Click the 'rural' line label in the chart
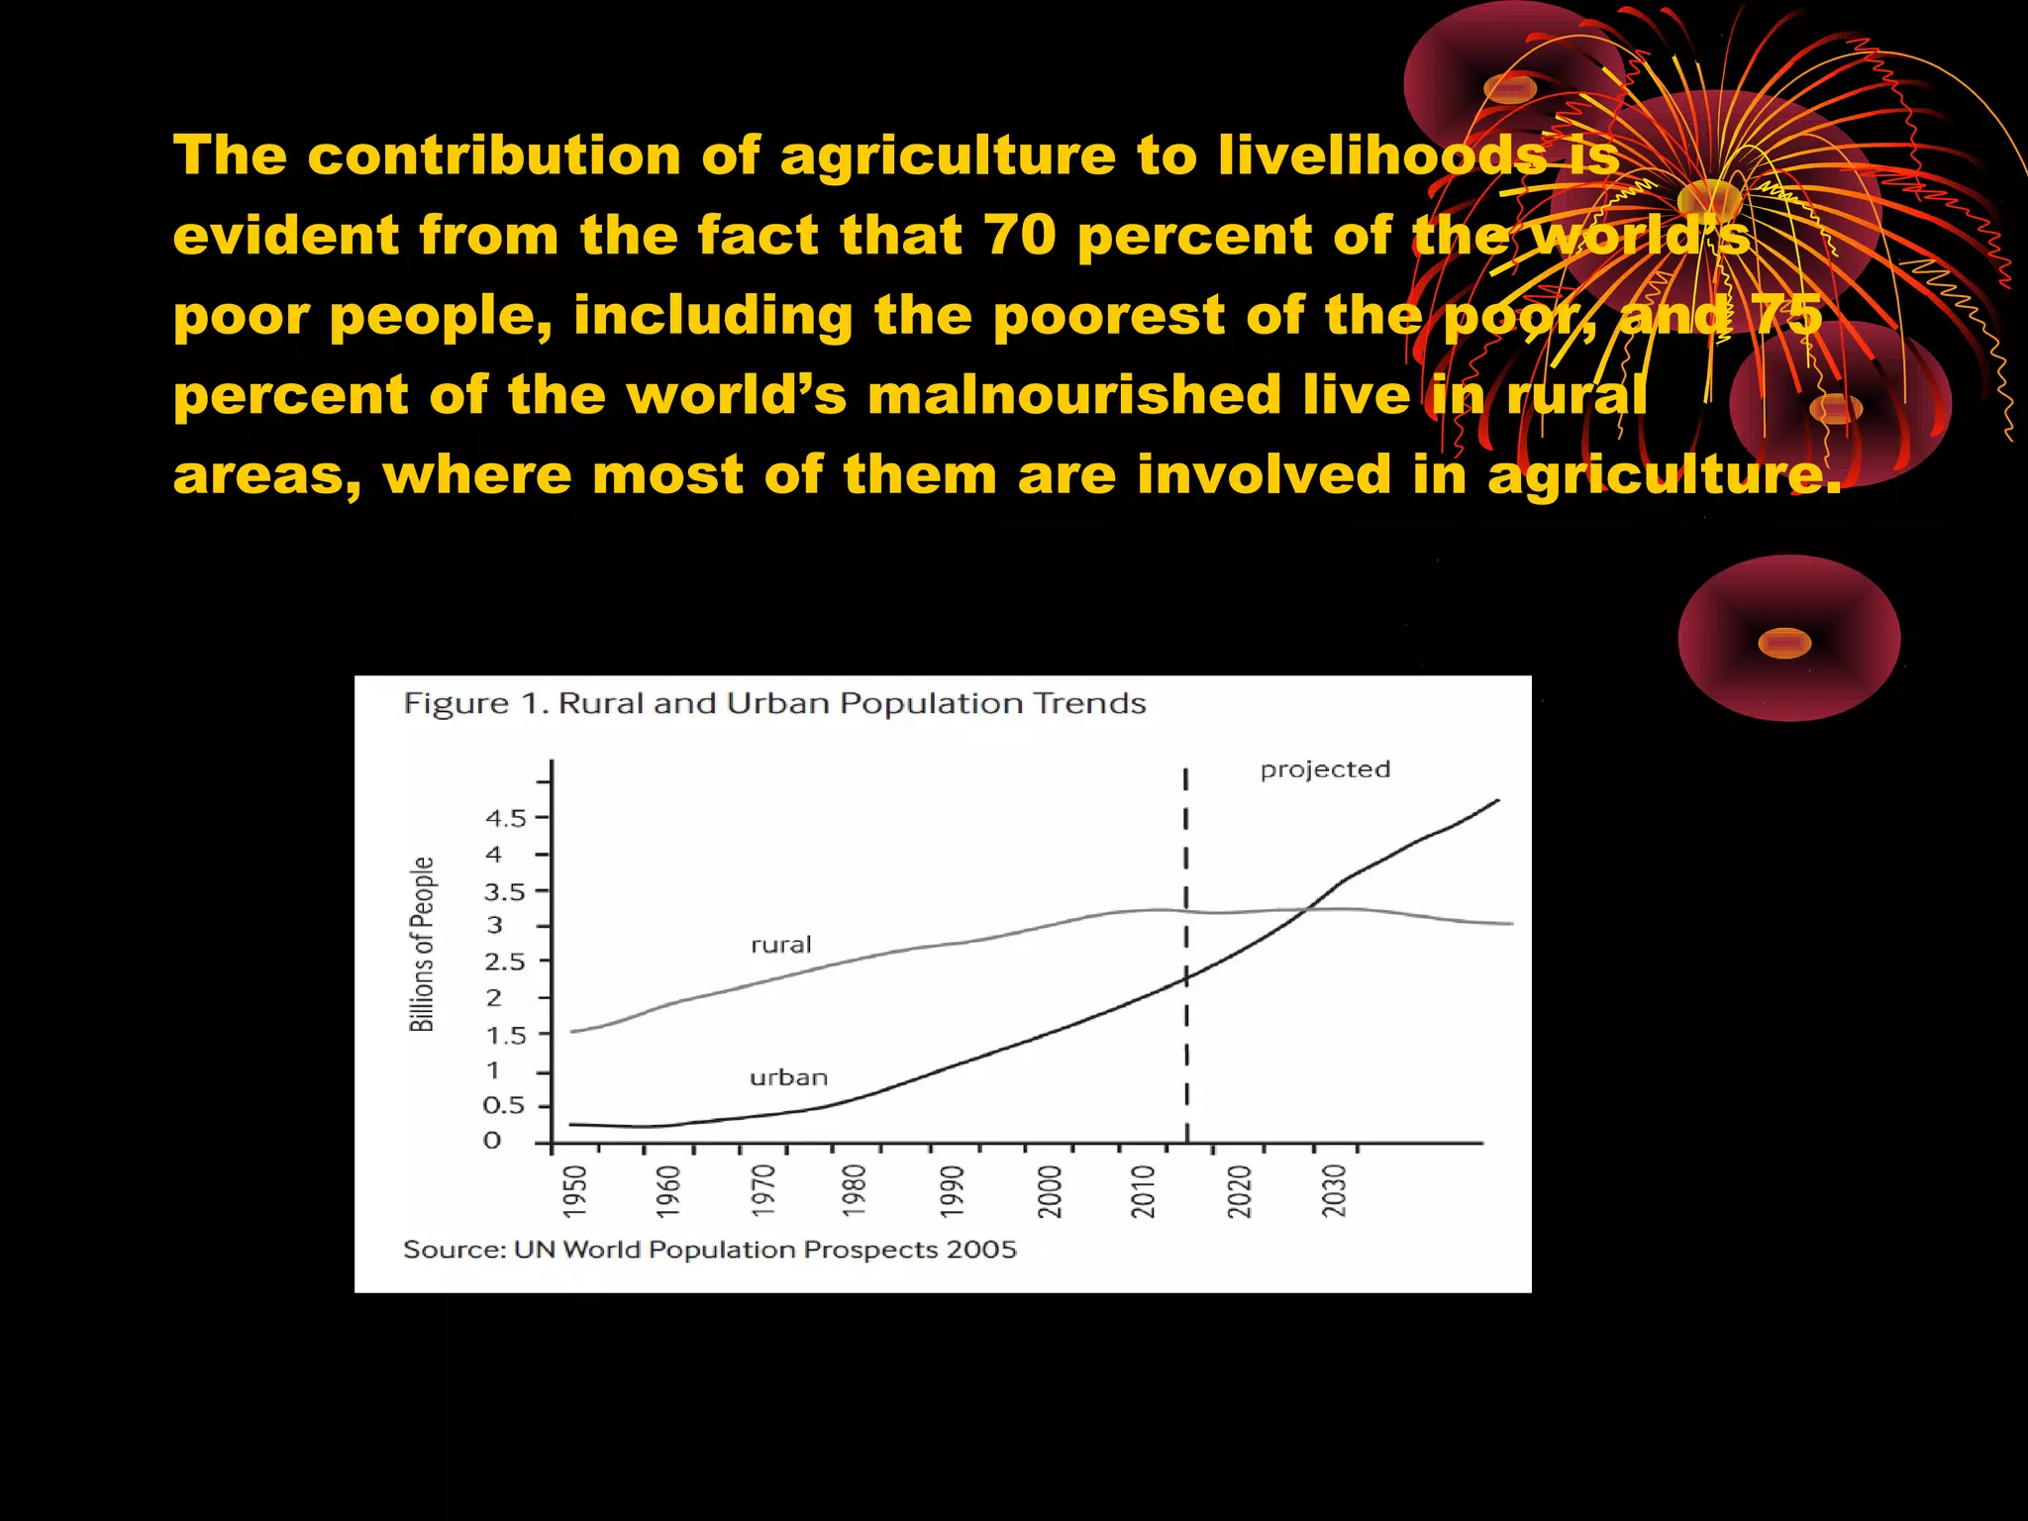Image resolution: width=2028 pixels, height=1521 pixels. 780,945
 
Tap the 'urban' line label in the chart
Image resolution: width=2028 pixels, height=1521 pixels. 788,1077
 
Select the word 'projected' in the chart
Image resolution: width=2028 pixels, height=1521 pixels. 1325,769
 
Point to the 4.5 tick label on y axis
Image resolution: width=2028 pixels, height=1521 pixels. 505,819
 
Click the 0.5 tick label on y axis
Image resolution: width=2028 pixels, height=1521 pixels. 503,1106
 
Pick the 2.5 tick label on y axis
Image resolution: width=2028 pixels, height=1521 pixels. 504,963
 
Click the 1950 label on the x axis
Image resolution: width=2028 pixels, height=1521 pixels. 575,1191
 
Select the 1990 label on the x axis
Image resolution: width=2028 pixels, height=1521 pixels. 952,1191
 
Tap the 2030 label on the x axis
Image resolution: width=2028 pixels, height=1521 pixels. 1335,1191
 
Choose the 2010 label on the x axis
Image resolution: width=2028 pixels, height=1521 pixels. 1144,1191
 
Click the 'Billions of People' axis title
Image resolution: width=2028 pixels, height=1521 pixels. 422,945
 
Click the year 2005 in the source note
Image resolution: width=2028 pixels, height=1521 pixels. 980,1250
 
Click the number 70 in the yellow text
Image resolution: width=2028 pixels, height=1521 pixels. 1020,236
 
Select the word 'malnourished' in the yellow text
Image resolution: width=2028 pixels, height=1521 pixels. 1073,395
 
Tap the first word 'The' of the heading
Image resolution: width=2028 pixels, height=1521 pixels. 230,155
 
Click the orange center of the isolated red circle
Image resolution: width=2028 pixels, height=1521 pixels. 1784,643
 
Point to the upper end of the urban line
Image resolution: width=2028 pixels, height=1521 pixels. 1497,800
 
